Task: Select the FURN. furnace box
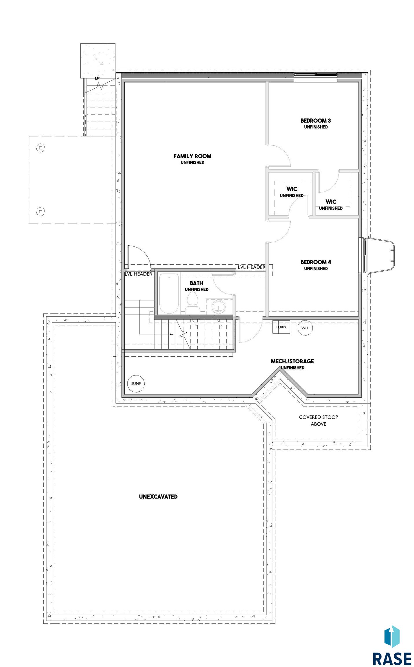pos(281,327)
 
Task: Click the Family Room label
pos(192,158)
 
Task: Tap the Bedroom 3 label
pos(316,123)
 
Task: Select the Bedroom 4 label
pos(316,265)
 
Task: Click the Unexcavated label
pos(158,496)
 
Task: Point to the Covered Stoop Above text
pos(319,420)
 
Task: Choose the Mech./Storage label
pos(292,364)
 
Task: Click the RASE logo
pos(392,645)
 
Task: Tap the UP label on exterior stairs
pos(97,78)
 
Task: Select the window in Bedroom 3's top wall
pos(315,75)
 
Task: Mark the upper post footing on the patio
pos(41,148)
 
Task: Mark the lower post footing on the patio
pos(41,212)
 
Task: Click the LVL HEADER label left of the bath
pos(139,274)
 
